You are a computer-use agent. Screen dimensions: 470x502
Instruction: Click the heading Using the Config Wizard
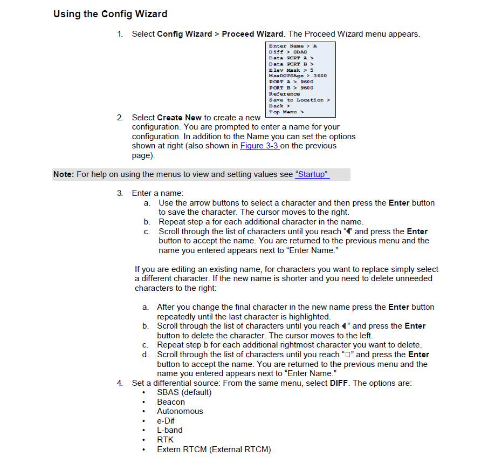coord(110,14)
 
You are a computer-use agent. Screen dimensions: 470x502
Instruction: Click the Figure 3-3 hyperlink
coord(259,146)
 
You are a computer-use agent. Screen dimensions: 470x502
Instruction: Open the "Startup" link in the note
coord(312,174)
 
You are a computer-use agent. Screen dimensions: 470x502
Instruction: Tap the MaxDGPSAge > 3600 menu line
coord(298,76)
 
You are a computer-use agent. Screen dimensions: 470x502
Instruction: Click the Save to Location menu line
coord(300,100)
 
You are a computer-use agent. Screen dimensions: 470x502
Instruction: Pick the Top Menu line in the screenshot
coord(286,112)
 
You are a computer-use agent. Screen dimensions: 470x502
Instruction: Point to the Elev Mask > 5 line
coord(291,70)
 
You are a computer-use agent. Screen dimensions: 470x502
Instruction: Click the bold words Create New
coord(180,117)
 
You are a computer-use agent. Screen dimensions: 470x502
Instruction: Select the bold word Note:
coord(64,174)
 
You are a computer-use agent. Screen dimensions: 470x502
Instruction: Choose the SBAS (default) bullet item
coord(184,392)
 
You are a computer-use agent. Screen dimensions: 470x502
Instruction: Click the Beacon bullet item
coord(171,402)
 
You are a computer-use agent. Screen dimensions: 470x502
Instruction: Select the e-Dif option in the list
coord(166,421)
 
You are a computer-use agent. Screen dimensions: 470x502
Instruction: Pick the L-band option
coord(170,430)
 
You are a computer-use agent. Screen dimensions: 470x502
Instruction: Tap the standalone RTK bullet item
coord(165,440)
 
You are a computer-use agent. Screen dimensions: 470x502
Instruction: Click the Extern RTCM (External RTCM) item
coord(214,449)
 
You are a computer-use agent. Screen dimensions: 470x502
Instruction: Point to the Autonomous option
coord(180,411)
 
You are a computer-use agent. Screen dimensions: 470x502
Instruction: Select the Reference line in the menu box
coord(285,94)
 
